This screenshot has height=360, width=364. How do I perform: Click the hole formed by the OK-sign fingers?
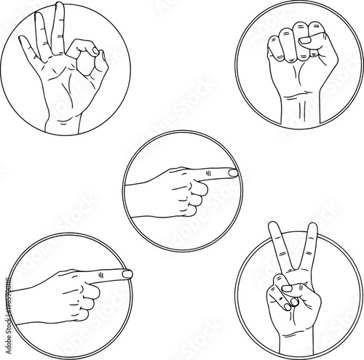[x=87, y=68]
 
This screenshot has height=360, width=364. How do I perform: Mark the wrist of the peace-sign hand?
[x=295, y=327]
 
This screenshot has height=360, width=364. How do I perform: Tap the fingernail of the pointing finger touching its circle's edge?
[x=127, y=273]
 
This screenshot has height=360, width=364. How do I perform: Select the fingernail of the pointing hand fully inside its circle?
[x=232, y=173]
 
